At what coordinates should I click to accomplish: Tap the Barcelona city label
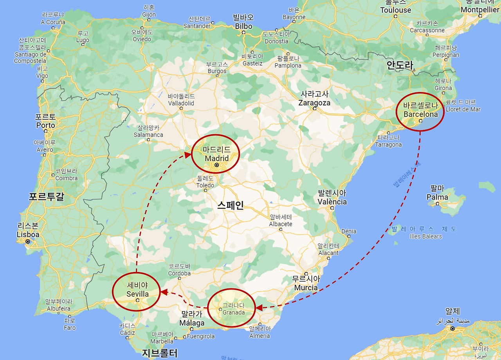pyautogui.click(x=420, y=114)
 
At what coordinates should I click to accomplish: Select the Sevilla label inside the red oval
pyautogui.click(x=137, y=294)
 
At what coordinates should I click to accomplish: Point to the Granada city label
pyautogui.click(x=233, y=312)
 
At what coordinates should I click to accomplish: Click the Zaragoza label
pyautogui.click(x=314, y=103)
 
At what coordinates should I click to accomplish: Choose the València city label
pyautogui.click(x=332, y=202)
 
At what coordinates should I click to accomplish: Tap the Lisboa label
pyautogui.click(x=28, y=234)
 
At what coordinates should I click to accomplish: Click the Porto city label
pyautogui.click(x=45, y=125)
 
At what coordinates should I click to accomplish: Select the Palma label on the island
pyautogui.click(x=437, y=197)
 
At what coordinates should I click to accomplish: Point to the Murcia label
pyautogui.click(x=306, y=288)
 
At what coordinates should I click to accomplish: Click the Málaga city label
pyautogui.click(x=192, y=323)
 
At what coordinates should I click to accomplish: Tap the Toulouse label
pyautogui.click(x=396, y=10)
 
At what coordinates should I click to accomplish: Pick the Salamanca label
pyautogui.click(x=148, y=135)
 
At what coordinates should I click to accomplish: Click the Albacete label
pyautogui.click(x=281, y=224)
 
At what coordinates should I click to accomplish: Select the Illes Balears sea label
pyautogui.click(x=426, y=236)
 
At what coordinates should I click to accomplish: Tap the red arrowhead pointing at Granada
pyautogui.click(x=259, y=308)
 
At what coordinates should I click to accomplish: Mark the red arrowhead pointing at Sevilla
pyautogui.click(x=164, y=292)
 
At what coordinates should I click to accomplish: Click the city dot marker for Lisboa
pyautogui.click(x=27, y=242)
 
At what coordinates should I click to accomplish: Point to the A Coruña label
pyautogui.click(x=53, y=22)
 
